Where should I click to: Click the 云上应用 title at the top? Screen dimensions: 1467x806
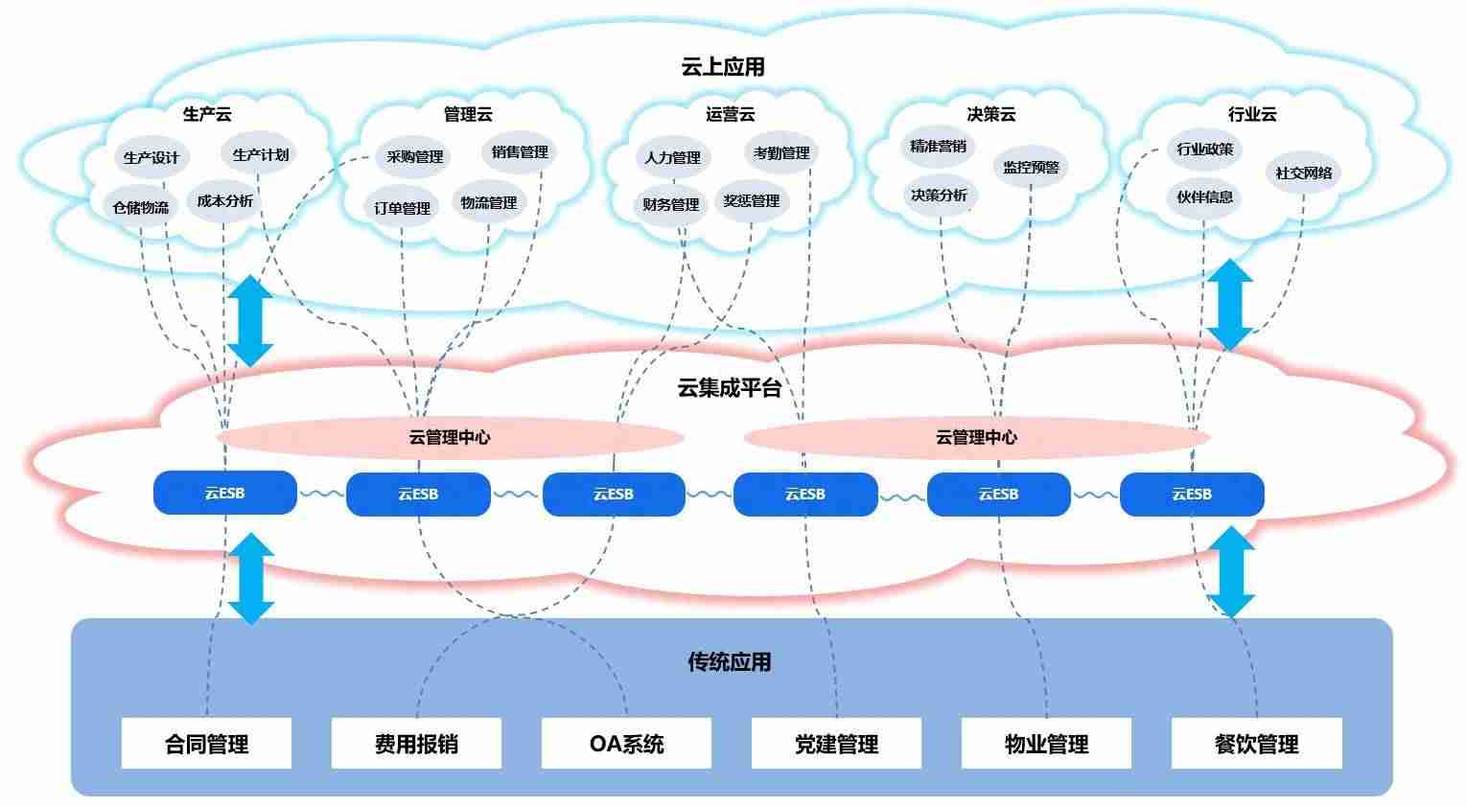point(722,67)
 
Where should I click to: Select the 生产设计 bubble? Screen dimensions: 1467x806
point(151,157)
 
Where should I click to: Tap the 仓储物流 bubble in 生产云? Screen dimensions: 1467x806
point(141,208)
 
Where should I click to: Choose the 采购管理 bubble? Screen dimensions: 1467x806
point(414,156)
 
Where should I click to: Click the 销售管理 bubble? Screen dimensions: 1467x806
point(520,151)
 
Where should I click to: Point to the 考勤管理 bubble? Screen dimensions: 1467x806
point(781,153)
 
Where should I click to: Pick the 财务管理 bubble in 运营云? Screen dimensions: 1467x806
point(670,204)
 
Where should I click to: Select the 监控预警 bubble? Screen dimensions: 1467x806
point(1031,167)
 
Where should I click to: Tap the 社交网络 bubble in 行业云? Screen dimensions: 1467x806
point(1303,173)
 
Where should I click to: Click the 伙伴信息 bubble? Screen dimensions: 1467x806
point(1204,196)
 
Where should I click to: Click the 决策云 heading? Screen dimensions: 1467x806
point(990,115)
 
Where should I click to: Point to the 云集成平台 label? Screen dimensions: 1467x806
point(729,388)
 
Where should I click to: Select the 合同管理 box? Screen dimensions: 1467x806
point(206,743)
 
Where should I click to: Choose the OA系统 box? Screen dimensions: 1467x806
point(626,743)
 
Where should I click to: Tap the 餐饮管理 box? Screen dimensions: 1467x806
point(1256,743)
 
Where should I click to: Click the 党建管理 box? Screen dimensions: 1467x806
point(836,743)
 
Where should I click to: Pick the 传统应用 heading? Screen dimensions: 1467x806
point(729,662)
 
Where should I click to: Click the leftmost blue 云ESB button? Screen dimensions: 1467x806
point(224,493)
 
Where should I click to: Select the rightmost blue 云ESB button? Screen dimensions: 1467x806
point(1192,495)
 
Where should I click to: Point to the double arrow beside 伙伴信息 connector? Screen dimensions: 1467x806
point(1230,305)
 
